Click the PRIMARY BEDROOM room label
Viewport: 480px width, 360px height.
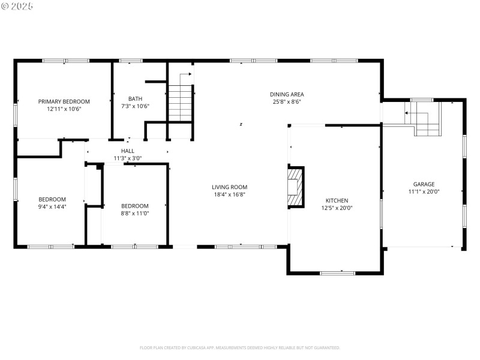[64, 101]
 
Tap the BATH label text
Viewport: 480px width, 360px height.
[135, 99]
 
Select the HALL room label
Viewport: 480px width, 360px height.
[127, 151]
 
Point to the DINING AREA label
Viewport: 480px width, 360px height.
[286, 94]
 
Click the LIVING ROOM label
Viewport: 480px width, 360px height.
[230, 187]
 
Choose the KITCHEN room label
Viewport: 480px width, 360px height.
[337, 201]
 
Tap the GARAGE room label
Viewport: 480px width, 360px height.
[423, 184]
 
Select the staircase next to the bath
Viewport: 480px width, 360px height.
[179, 103]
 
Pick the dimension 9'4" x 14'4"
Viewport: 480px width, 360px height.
[52, 206]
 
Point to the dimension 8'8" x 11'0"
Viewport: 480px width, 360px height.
[134, 213]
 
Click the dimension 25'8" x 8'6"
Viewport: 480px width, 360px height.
[286, 101]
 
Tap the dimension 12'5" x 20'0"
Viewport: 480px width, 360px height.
[337, 208]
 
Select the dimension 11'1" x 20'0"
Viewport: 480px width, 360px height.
[423, 191]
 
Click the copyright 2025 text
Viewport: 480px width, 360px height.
[17, 5]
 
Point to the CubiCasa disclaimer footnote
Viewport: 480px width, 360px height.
[240, 347]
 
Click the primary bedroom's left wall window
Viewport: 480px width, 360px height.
[16, 113]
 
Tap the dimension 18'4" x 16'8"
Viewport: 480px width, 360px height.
[230, 194]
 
